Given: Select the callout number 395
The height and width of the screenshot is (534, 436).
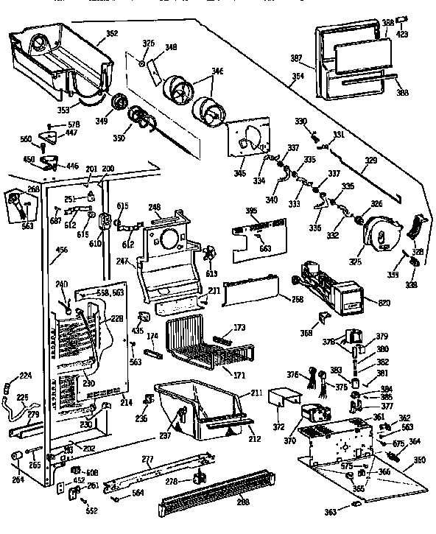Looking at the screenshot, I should tap(251, 211).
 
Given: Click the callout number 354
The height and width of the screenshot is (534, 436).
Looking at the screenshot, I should tap(296, 77).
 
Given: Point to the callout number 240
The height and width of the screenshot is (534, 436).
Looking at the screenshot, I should tap(61, 284).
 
